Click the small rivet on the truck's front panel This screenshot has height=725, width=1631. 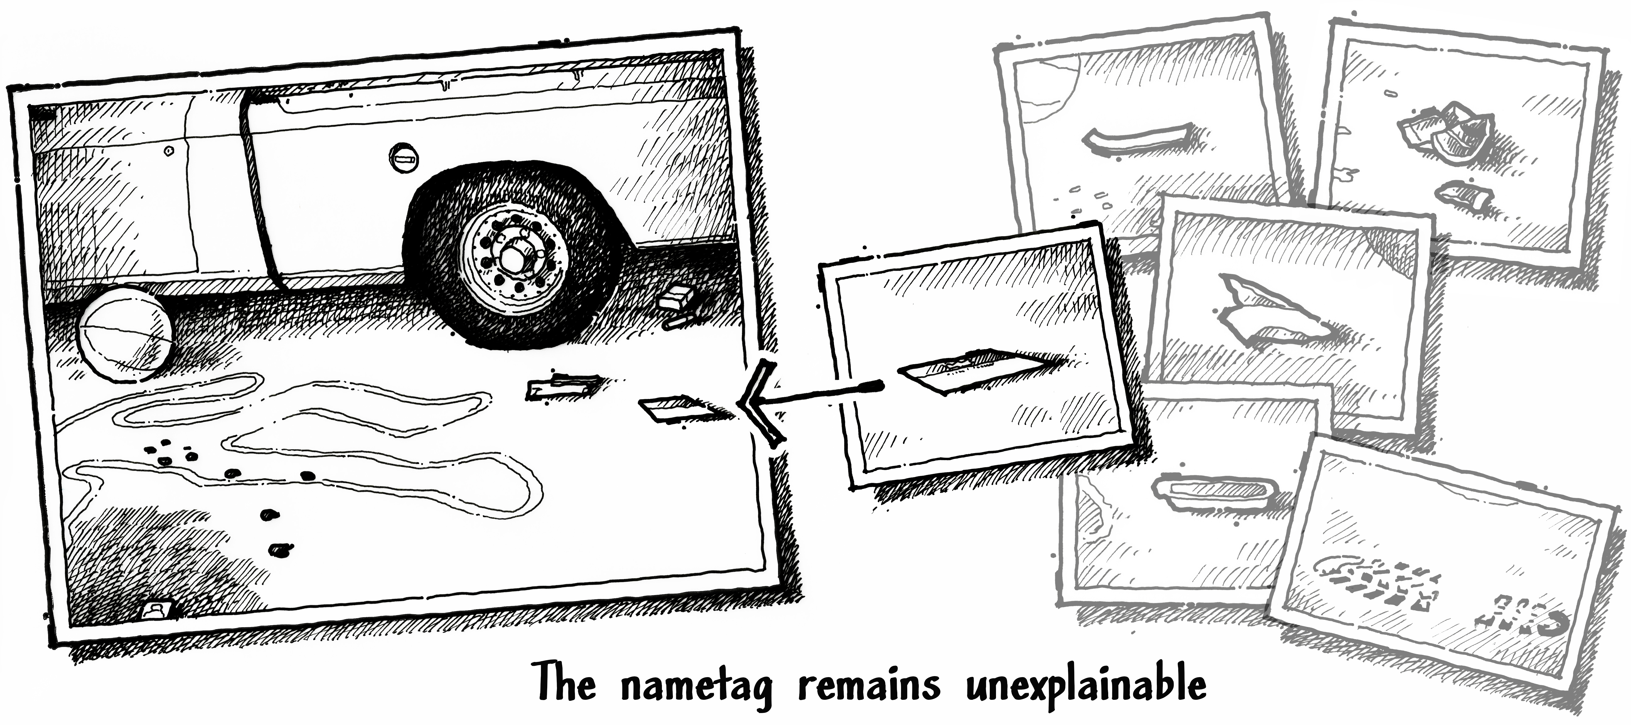tap(169, 151)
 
